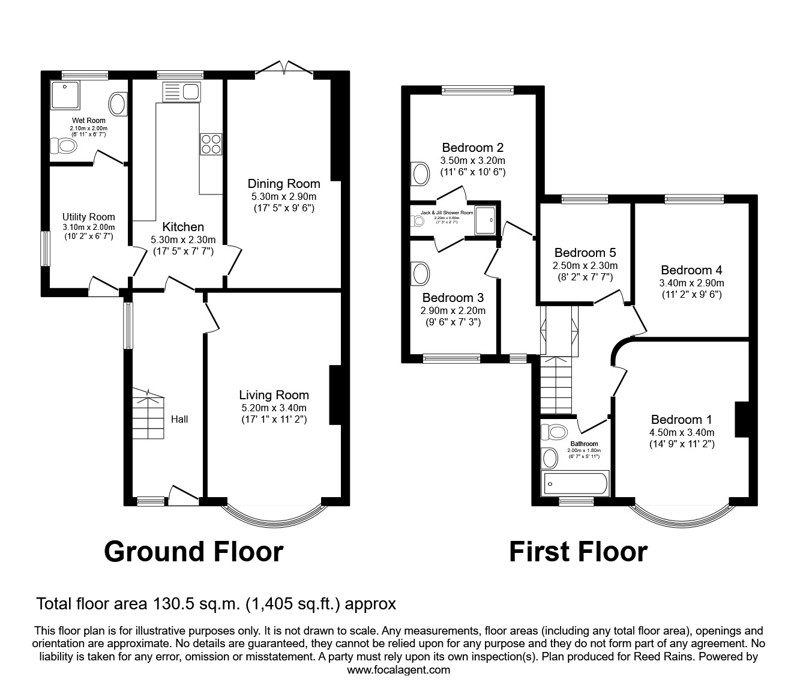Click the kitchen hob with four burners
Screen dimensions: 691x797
(211, 145)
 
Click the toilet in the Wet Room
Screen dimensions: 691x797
(62, 145)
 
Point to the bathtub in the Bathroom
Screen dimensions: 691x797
(575, 484)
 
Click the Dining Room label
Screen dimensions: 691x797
(284, 184)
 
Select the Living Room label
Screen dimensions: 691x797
(274, 395)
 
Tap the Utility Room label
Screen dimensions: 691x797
(88, 217)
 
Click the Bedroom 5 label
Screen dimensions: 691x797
(585, 253)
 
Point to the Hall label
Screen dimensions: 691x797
(179, 419)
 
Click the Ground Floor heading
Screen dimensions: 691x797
(193, 551)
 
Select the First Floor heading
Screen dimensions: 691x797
(578, 551)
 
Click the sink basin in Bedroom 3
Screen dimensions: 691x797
(421, 274)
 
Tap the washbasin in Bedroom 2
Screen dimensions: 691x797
(421, 174)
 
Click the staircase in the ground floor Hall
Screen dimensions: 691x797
(147, 414)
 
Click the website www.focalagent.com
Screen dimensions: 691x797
(398, 670)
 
